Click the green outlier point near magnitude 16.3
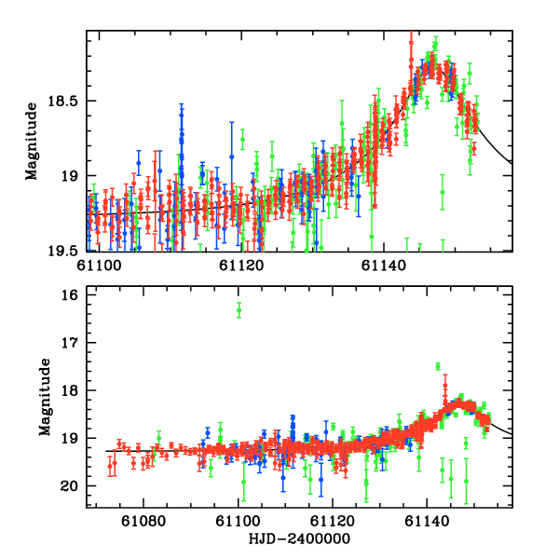pos(239,309)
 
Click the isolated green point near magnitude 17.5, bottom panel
pos(437,366)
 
